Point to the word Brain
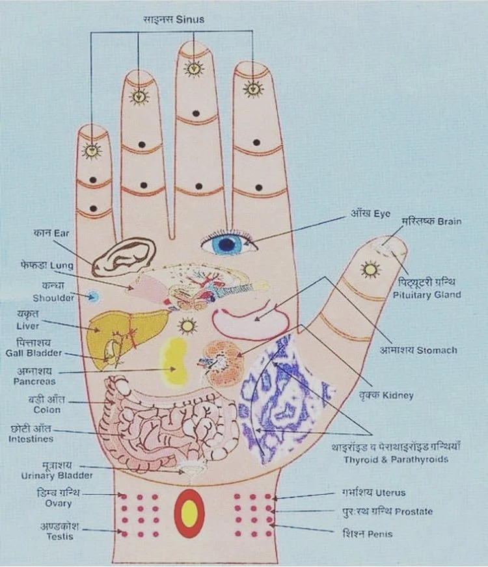point(449,222)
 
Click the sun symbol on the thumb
point(371,268)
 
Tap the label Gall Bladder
point(39,353)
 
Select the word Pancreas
point(34,382)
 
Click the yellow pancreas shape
point(176,362)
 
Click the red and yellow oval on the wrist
point(190,513)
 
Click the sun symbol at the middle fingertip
point(194,68)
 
